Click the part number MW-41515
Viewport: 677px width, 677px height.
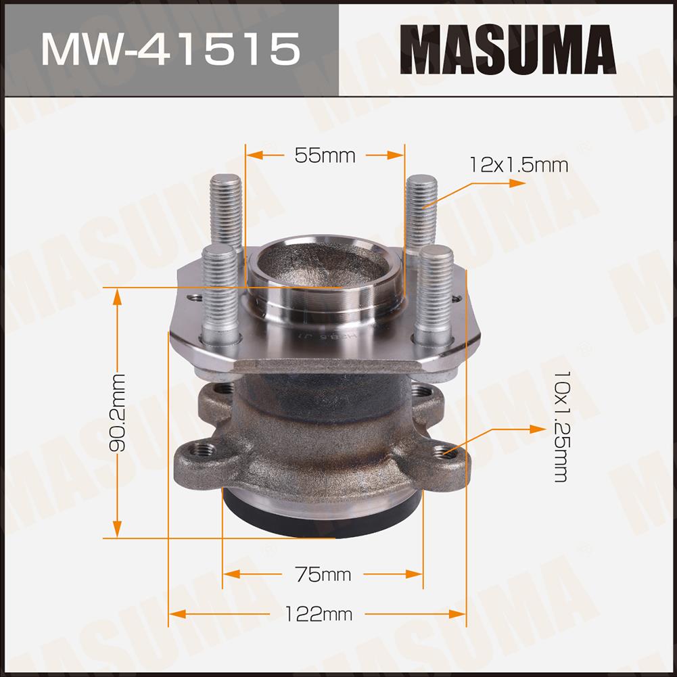point(170,49)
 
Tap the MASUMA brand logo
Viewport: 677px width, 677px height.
point(508,49)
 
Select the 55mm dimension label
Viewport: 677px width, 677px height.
point(325,156)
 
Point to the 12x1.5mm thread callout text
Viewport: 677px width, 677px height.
point(519,166)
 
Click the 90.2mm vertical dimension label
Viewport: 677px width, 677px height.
point(118,413)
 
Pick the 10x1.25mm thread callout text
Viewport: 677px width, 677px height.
point(562,426)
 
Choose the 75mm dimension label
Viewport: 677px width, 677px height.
point(323,574)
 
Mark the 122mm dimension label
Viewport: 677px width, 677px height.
point(319,613)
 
